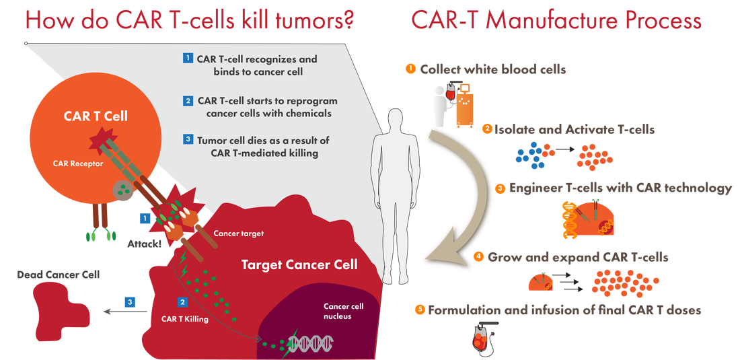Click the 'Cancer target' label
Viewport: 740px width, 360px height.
coord(239,233)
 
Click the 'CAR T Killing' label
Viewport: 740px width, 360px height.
coord(185,320)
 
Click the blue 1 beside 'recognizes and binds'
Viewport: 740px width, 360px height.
coord(188,58)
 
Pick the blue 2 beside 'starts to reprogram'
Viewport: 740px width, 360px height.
coord(188,100)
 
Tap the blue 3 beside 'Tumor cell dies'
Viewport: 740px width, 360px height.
coord(188,139)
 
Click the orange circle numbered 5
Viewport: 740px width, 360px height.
coord(421,310)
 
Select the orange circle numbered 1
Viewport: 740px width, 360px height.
coord(408,68)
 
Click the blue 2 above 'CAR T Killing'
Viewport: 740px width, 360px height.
coord(182,301)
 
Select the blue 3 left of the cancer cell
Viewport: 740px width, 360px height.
coord(131,301)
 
